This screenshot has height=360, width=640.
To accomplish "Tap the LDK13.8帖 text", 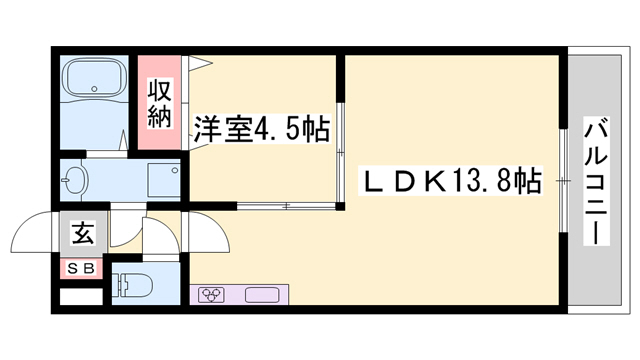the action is pos(451,181).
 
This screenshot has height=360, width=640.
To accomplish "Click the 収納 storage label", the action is pos(162,102).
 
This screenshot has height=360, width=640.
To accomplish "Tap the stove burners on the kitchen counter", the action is pos(212,295).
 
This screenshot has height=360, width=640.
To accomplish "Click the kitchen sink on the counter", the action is pos(262,295).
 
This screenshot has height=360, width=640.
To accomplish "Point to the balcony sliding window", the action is pos(563,181).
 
